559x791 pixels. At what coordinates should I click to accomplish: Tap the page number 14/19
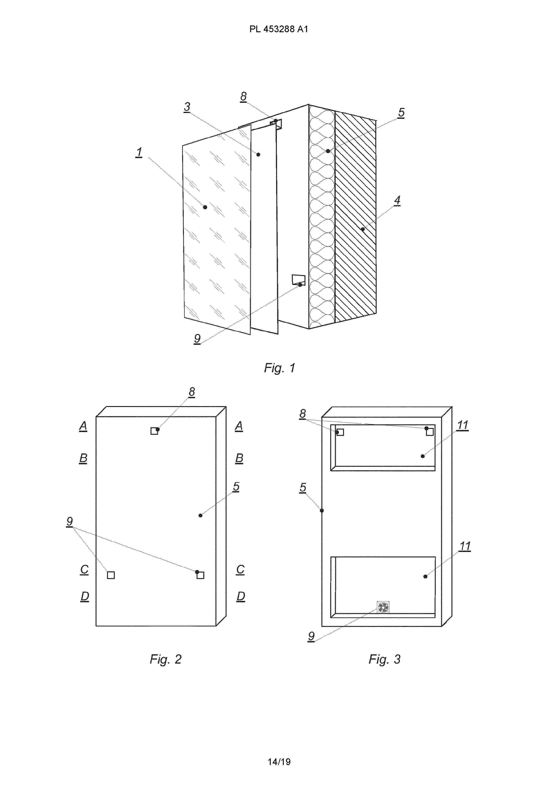coord(279,762)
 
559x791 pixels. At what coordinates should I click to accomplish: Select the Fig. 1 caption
coord(279,368)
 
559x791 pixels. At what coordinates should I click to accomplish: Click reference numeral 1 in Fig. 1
coord(139,152)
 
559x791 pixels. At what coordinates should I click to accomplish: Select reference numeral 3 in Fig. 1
coord(187,107)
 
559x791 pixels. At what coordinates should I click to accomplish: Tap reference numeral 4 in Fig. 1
coord(397,200)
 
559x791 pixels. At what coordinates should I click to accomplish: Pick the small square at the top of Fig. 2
coord(154,431)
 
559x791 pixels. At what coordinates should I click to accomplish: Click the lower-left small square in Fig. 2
coord(111,575)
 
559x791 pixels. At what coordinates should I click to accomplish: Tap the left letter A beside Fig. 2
coord(83,426)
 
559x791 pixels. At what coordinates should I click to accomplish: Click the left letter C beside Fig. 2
coord(84,570)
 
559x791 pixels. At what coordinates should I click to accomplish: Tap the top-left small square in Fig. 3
coord(340,432)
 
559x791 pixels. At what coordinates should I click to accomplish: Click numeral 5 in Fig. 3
coord(303,487)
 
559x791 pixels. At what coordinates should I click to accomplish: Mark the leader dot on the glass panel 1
coord(205,207)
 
